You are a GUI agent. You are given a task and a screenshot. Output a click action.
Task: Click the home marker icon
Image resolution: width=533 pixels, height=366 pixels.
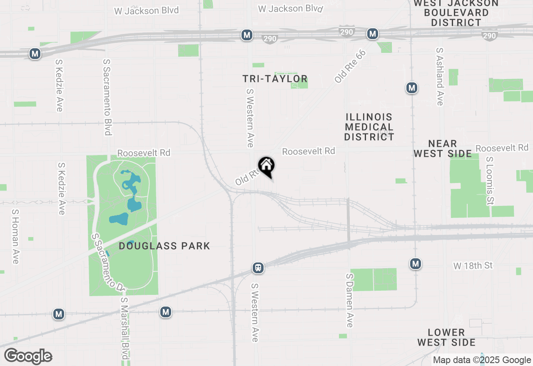click(x=266, y=166)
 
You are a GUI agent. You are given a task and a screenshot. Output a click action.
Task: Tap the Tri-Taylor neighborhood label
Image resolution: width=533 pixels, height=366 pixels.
click(x=275, y=79)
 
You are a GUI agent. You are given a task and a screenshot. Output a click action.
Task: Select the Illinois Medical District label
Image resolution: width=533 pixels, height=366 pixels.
click(x=369, y=127)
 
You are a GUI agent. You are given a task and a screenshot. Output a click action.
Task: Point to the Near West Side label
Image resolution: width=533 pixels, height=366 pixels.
click(x=443, y=149)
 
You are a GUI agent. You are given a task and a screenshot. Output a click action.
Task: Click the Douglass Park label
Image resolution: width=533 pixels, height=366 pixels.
click(x=164, y=246)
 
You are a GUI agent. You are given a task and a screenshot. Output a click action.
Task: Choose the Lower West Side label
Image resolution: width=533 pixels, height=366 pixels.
click(x=446, y=337)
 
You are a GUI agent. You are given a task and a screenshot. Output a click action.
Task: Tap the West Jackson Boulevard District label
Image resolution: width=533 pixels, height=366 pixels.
click(x=456, y=13)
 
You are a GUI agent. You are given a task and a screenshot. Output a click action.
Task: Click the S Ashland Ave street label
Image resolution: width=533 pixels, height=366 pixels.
click(x=440, y=76)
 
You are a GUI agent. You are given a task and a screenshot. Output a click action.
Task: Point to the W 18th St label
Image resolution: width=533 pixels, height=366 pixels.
click(x=473, y=265)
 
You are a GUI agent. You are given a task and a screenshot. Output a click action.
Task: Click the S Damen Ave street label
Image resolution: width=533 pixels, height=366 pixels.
click(x=350, y=300)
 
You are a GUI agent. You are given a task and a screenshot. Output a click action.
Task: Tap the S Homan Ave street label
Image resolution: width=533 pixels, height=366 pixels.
click(x=15, y=236)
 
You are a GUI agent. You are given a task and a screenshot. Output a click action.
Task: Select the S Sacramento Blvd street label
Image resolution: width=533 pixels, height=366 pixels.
click(x=107, y=97)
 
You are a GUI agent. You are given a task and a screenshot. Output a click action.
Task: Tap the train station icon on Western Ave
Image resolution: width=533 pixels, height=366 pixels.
click(x=258, y=268)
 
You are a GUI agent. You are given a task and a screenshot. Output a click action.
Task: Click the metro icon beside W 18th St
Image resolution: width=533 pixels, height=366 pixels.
click(x=415, y=264)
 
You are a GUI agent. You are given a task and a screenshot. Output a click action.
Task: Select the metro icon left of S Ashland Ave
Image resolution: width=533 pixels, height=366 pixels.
click(x=412, y=88)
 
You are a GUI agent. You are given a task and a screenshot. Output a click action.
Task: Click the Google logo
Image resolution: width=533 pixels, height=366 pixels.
click(x=28, y=356)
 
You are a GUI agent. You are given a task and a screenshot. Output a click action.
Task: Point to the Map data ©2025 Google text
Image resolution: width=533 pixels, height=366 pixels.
click(x=482, y=360)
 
